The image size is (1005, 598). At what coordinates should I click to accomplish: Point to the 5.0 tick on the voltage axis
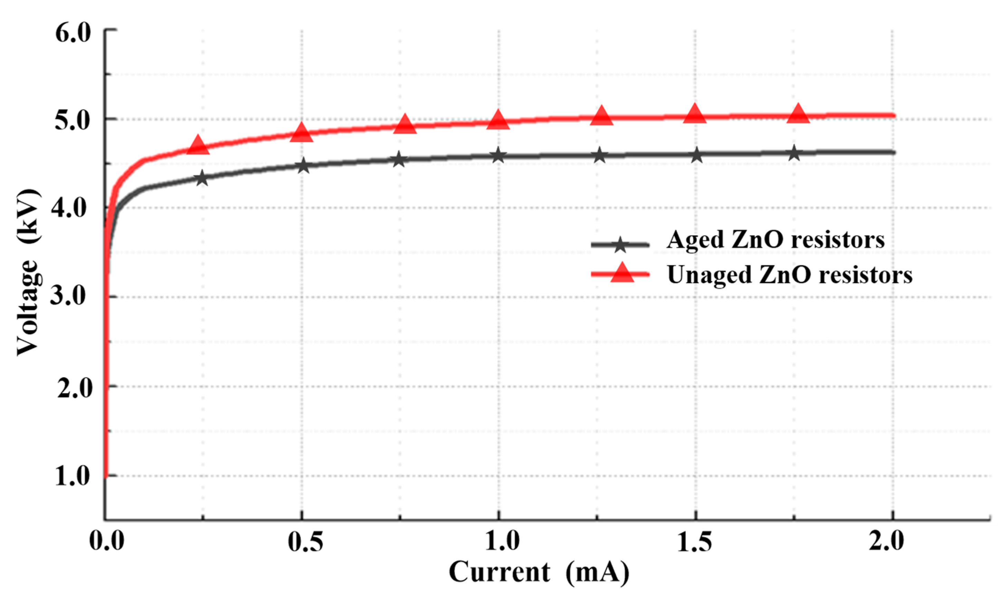click(73, 121)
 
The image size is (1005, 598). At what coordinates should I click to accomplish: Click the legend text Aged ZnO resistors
click(776, 240)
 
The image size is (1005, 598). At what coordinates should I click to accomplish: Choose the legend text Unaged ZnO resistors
click(789, 275)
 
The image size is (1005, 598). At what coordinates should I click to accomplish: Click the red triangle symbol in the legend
click(622, 273)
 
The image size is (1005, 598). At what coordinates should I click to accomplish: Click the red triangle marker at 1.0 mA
click(498, 120)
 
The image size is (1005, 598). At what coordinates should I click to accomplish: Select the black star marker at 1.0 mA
click(498, 155)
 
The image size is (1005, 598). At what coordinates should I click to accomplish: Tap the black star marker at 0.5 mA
click(303, 166)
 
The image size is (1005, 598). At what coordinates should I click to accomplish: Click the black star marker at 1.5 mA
click(696, 155)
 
